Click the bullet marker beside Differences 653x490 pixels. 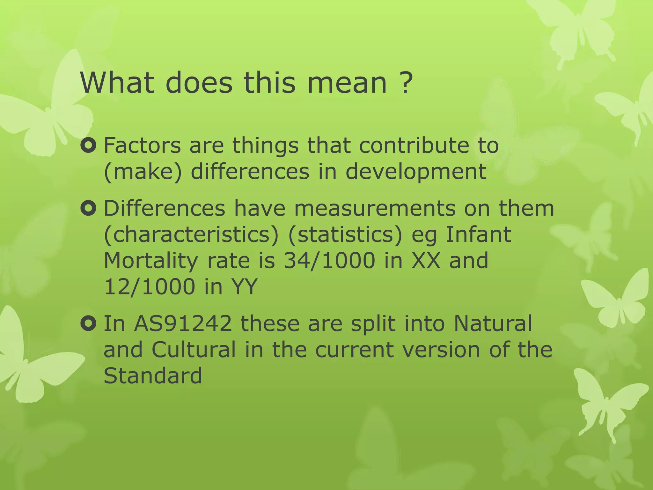88,209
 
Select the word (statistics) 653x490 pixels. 345,235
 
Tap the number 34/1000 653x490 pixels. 329,261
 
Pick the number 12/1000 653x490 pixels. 150,287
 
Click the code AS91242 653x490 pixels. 183,323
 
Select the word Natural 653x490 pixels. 493,323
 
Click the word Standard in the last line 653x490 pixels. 153,376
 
